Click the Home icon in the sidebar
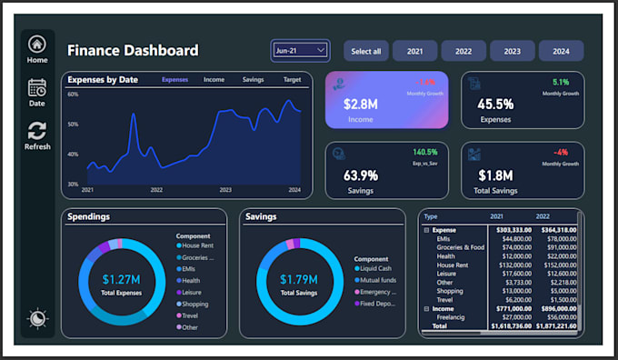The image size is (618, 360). pyautogui.click(x=37, y=44)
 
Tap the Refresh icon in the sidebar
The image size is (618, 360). pyautogui.click(x=37, y=131)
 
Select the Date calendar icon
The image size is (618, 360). pyautogui.click(x=37, y=87)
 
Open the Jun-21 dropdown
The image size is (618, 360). pyautogui.click(x=300, y=51)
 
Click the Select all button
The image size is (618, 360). pyautogui.click(x=365, y=51)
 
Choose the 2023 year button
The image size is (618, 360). pyautogui.click(x=513, y=51)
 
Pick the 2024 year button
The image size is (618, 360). pyautogui.click(x=561, y=51)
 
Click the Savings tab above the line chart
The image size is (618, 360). pyautogui.click(x=254, y=80)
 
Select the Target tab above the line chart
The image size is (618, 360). pyautogui.click(x=292, y=80)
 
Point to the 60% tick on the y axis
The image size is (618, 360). pyautogui.click(x=73, y=95)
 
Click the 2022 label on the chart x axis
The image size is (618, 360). pyautogui.click(x=156, y=190)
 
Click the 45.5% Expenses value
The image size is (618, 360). pyautogui.click(x=495, y=105)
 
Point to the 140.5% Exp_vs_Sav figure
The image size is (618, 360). pyautogui.click(x=425, y=152)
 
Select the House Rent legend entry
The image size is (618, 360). pyautogui.click(x=199, y=245)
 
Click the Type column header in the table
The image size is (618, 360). pyautogui.click(x=431, y=217)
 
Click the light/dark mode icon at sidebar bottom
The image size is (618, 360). pyautogui.click(x=37, y=318)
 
